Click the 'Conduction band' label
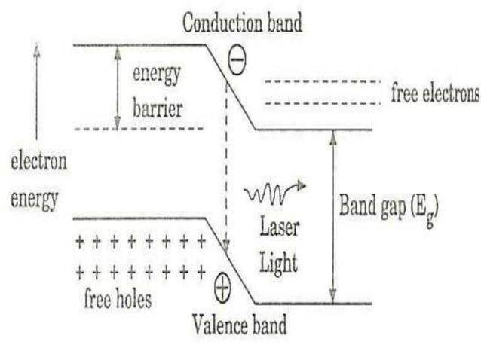(242, 23)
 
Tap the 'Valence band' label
(240, 327)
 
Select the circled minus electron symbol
(237, 65)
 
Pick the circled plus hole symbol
(222, 286)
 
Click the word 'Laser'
(280, 227)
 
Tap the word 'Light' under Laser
(280, 263)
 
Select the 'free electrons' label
(435, 94)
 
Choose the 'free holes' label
(117, 299)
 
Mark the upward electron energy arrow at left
(36, 90)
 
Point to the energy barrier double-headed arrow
(117, 87)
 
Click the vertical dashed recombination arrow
(227, 166)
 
